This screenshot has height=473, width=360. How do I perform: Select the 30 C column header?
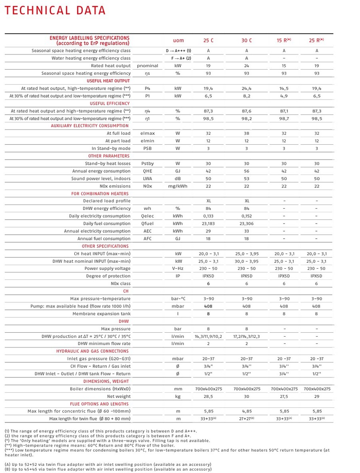(246, 40)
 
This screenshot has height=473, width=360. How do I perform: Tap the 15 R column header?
(284, 40)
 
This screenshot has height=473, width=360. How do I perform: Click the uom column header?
(178, 40)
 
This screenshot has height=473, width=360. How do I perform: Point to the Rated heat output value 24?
(246, 66)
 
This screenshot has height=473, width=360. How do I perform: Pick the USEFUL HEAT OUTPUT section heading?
(108, 81)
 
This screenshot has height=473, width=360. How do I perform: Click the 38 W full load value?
(246, 133)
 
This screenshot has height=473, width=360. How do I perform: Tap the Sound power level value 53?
(246, 178)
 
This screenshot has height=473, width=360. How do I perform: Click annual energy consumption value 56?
(246, 171)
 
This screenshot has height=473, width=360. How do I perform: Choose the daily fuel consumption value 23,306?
(246, 224)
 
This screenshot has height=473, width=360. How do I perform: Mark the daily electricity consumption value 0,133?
(208, 216)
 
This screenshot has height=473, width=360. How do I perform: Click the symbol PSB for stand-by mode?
(147, 148)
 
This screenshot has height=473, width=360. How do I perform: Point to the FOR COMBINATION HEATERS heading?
(100, 194)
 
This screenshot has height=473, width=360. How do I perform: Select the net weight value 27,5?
(284, 396)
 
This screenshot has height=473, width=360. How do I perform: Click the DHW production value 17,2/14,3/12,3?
(246, 336)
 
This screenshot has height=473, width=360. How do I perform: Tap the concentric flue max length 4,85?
(246, 411)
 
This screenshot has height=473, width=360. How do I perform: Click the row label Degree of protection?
(108, 276)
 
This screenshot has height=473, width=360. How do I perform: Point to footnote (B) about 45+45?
(108, 469)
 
